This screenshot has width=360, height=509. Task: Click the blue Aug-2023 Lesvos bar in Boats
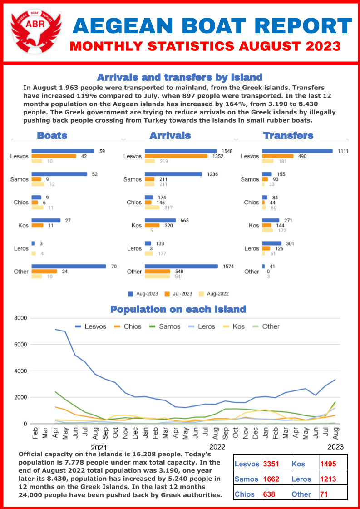coord(63,151)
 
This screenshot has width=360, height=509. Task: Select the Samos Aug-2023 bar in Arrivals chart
coord(173,174)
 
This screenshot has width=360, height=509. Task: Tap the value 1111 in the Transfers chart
coord(343,151)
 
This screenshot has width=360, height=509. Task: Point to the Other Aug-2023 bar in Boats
coord(68,267)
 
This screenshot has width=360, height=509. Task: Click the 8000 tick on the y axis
coord(21,318)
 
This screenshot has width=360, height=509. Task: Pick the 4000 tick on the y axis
coord(21,371)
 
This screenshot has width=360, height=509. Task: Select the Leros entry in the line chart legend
coord(206,326)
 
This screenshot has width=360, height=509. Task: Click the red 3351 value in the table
coord(271,464)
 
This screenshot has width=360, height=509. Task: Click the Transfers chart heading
coord(288,135)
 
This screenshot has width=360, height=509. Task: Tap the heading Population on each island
coord(178,309)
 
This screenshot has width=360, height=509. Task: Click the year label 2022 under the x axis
coord(217,447)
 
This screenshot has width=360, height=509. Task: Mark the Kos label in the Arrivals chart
coord(136,226)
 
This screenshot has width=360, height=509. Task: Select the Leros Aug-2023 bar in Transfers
coord(271,243)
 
